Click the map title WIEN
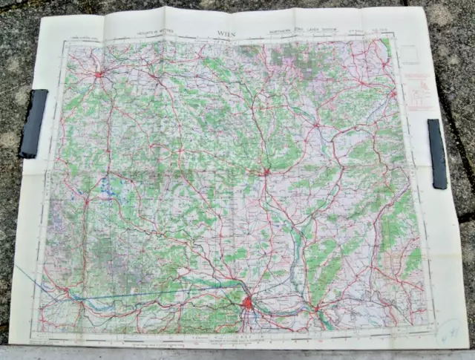[226, 33]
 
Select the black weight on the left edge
[33, 123]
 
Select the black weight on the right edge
[437, 154]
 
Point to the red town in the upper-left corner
[99, 73]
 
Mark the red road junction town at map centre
[266, 172]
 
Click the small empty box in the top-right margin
[408, 53]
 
